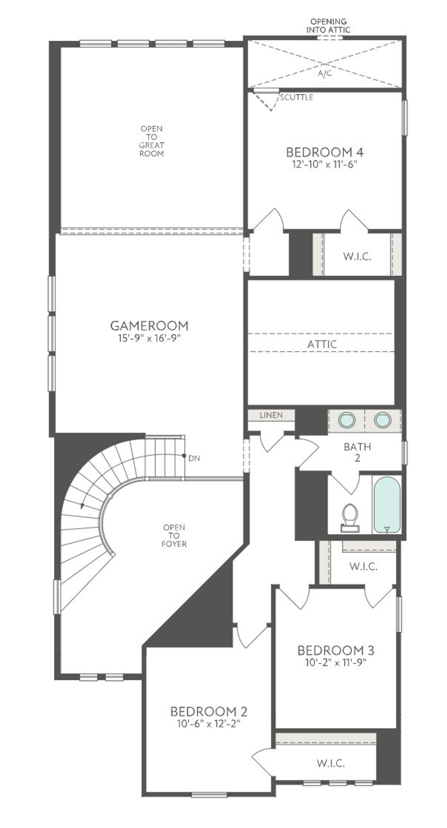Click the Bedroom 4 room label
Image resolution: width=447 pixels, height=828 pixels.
[x=325, y=152]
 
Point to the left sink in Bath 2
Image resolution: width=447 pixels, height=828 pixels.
[x=347, y=419]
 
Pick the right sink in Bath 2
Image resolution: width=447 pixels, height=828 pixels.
[x=382, y=419]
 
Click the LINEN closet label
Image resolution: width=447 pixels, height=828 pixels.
[x=271, y=415]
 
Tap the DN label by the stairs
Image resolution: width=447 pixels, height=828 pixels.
[x=194, y=458]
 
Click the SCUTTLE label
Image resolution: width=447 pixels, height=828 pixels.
[x=296, y=97]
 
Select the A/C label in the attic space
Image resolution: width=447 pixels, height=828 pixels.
[x=325, y=74]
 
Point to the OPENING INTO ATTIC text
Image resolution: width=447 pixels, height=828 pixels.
[x=328, y=26]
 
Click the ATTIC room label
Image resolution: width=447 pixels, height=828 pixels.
[x=322, y=344]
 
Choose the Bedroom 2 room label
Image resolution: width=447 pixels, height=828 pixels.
[x=209, y=711]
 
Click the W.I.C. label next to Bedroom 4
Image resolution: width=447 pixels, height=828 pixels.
[x=357, y=257]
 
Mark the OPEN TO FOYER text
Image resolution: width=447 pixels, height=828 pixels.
[x=174, y=535]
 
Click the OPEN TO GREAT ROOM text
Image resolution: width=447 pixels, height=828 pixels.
[x=152, y=141]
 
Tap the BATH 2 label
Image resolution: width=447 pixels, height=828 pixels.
[x=357, y=452]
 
